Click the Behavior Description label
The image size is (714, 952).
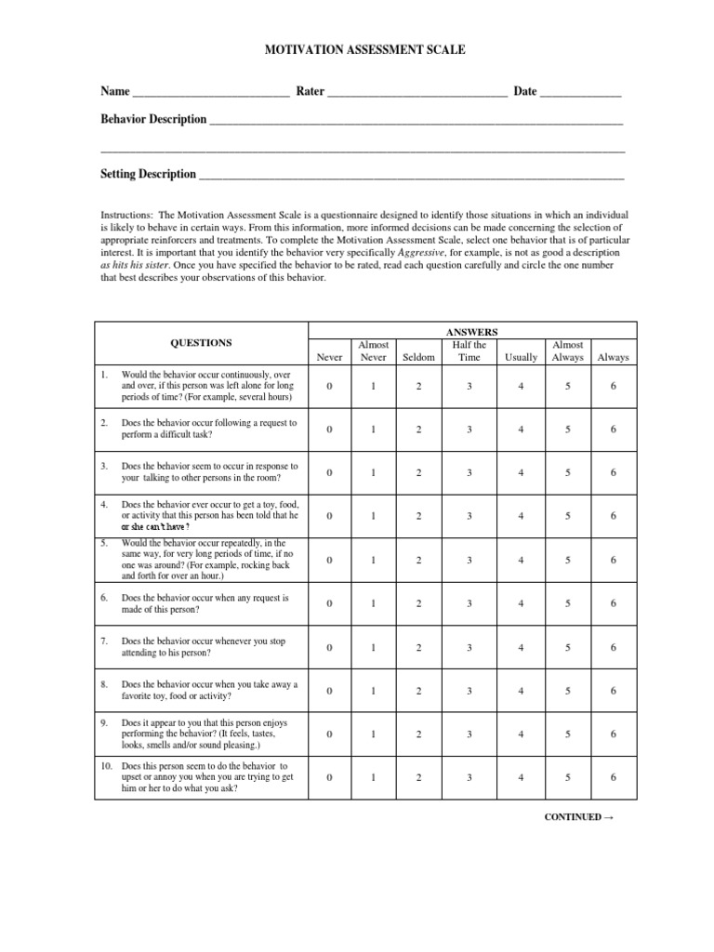(153, 119)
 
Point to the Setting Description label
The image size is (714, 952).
(148, 174)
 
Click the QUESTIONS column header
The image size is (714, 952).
(202, 342)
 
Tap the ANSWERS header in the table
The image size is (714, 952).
(471, 331)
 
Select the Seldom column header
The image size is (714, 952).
(418, 357)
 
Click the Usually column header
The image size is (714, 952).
(521, 357)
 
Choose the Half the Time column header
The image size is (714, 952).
(469, 350)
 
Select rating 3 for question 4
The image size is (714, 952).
(469, 516)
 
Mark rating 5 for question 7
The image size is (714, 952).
(567, 647)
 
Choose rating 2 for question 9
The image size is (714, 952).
(418, 734)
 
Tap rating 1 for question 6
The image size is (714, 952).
(373, 603)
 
